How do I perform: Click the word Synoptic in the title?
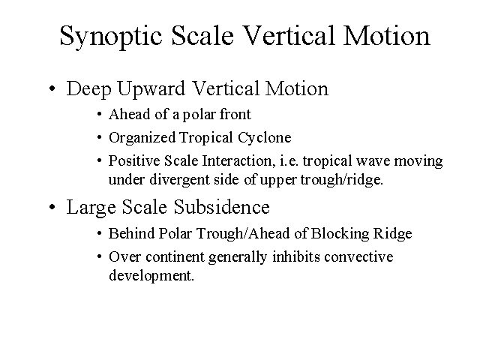(111, 37)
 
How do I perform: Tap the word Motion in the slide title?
(387, 35)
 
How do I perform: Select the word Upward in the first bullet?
(151, 89)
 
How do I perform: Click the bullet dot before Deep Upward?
(52, 88)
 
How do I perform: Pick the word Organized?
(142, 138)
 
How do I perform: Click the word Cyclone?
(265, 138)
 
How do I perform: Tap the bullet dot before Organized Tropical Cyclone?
(99, 137)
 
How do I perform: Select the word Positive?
(134, 161)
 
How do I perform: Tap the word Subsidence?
(222, 207)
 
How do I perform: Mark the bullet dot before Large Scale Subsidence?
(52, 207)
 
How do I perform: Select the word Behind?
(132, 233)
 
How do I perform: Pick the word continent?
(175, 257)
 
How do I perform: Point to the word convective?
(358, 257)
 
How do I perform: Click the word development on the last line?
(151, 276)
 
